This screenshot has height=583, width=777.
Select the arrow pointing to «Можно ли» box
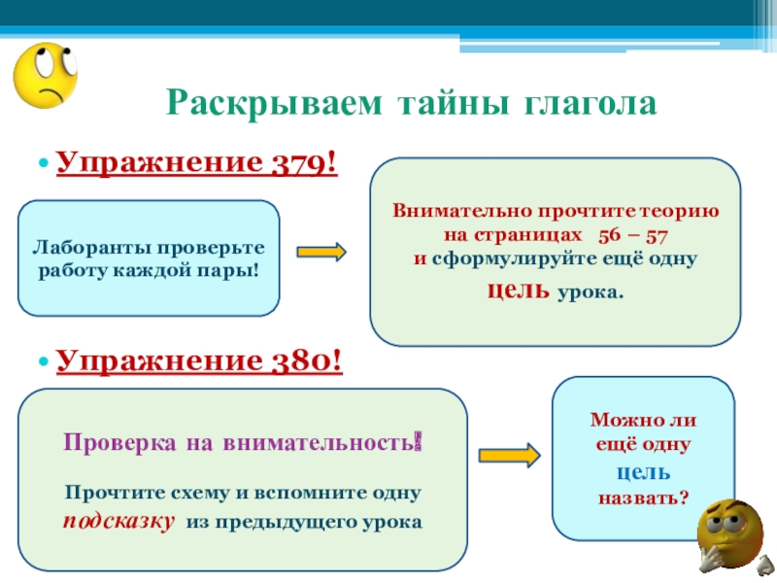[509, 455]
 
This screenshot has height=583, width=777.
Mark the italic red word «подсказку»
[119, 520]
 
